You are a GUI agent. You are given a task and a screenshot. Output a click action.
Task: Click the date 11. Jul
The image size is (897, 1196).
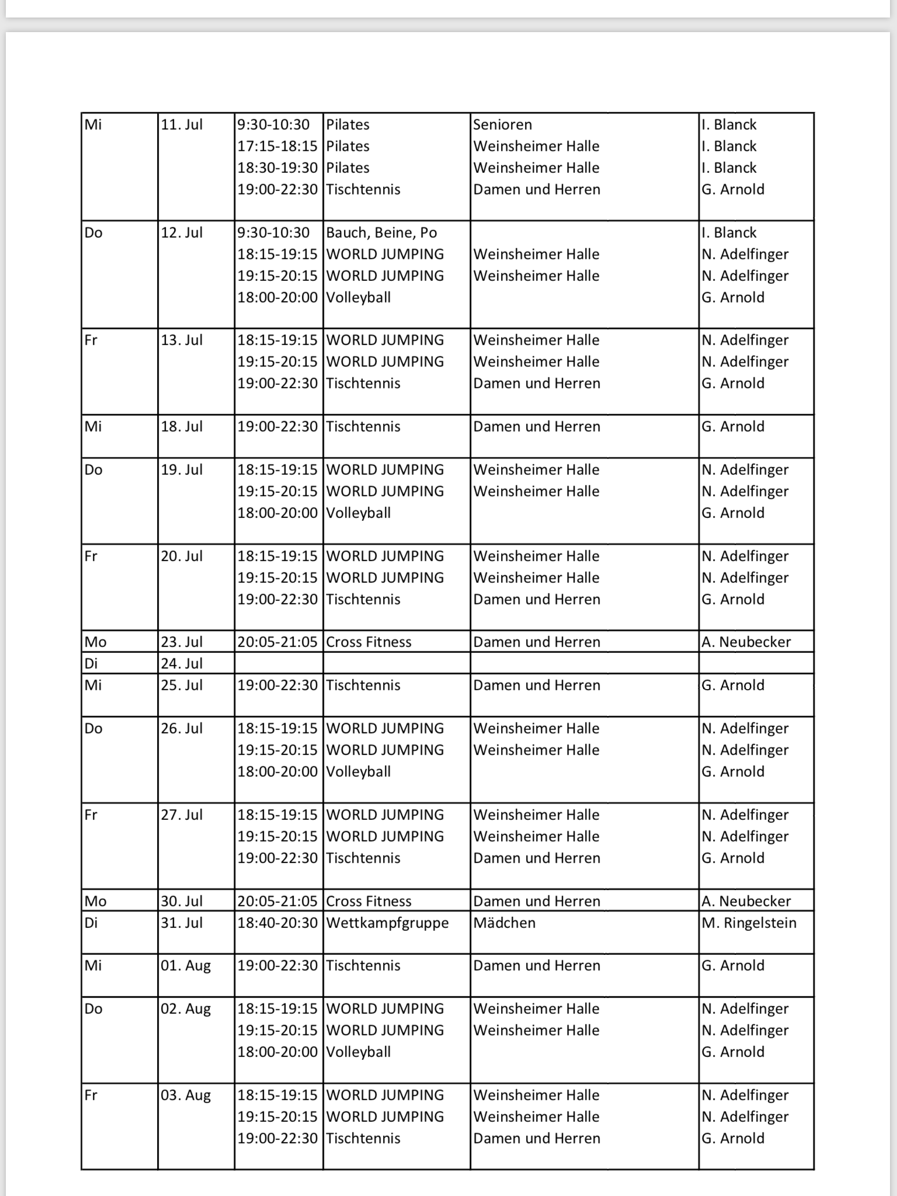coord(182,124)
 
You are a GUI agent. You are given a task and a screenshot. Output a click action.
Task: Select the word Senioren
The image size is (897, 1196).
coord(502,124)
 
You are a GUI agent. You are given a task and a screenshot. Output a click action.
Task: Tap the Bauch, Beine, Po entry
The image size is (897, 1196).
coord(381,232)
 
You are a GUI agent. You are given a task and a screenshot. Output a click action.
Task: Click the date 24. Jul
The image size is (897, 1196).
coord(182,663)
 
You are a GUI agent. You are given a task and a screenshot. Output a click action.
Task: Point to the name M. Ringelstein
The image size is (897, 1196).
coord(749,923)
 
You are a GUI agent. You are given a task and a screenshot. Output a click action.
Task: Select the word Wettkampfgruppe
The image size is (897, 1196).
coord(387,923)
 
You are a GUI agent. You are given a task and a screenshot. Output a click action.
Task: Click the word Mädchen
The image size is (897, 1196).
coord(504,923)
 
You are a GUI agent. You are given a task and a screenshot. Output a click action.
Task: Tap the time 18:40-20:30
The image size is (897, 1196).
coord(277,923)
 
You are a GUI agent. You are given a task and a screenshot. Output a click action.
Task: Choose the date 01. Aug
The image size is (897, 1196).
coord(186,965)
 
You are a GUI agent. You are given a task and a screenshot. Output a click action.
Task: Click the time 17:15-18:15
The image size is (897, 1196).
coord(277,146)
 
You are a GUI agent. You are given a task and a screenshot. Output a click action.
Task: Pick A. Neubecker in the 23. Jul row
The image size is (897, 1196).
coord(746,642)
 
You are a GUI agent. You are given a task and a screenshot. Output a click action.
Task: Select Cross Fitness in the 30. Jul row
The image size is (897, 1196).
coord(368,901)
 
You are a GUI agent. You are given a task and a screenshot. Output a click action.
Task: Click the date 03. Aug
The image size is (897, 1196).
coord(186,1095)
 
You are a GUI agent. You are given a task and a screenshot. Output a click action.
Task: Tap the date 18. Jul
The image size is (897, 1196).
coord(182,426)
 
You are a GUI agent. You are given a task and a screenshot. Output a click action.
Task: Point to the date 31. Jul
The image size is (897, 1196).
coord(182,923)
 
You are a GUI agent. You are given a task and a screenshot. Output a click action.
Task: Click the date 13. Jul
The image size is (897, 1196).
coord(182,340)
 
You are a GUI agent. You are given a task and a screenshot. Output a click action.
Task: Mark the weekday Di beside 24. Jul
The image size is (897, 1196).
coord(91,663)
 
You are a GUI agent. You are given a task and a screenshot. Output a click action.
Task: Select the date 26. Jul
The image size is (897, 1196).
coord(182,728)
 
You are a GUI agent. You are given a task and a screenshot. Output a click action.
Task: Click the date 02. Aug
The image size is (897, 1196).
coord(186,1009)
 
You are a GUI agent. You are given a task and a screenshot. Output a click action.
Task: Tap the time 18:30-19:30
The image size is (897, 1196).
coord(277,168)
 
